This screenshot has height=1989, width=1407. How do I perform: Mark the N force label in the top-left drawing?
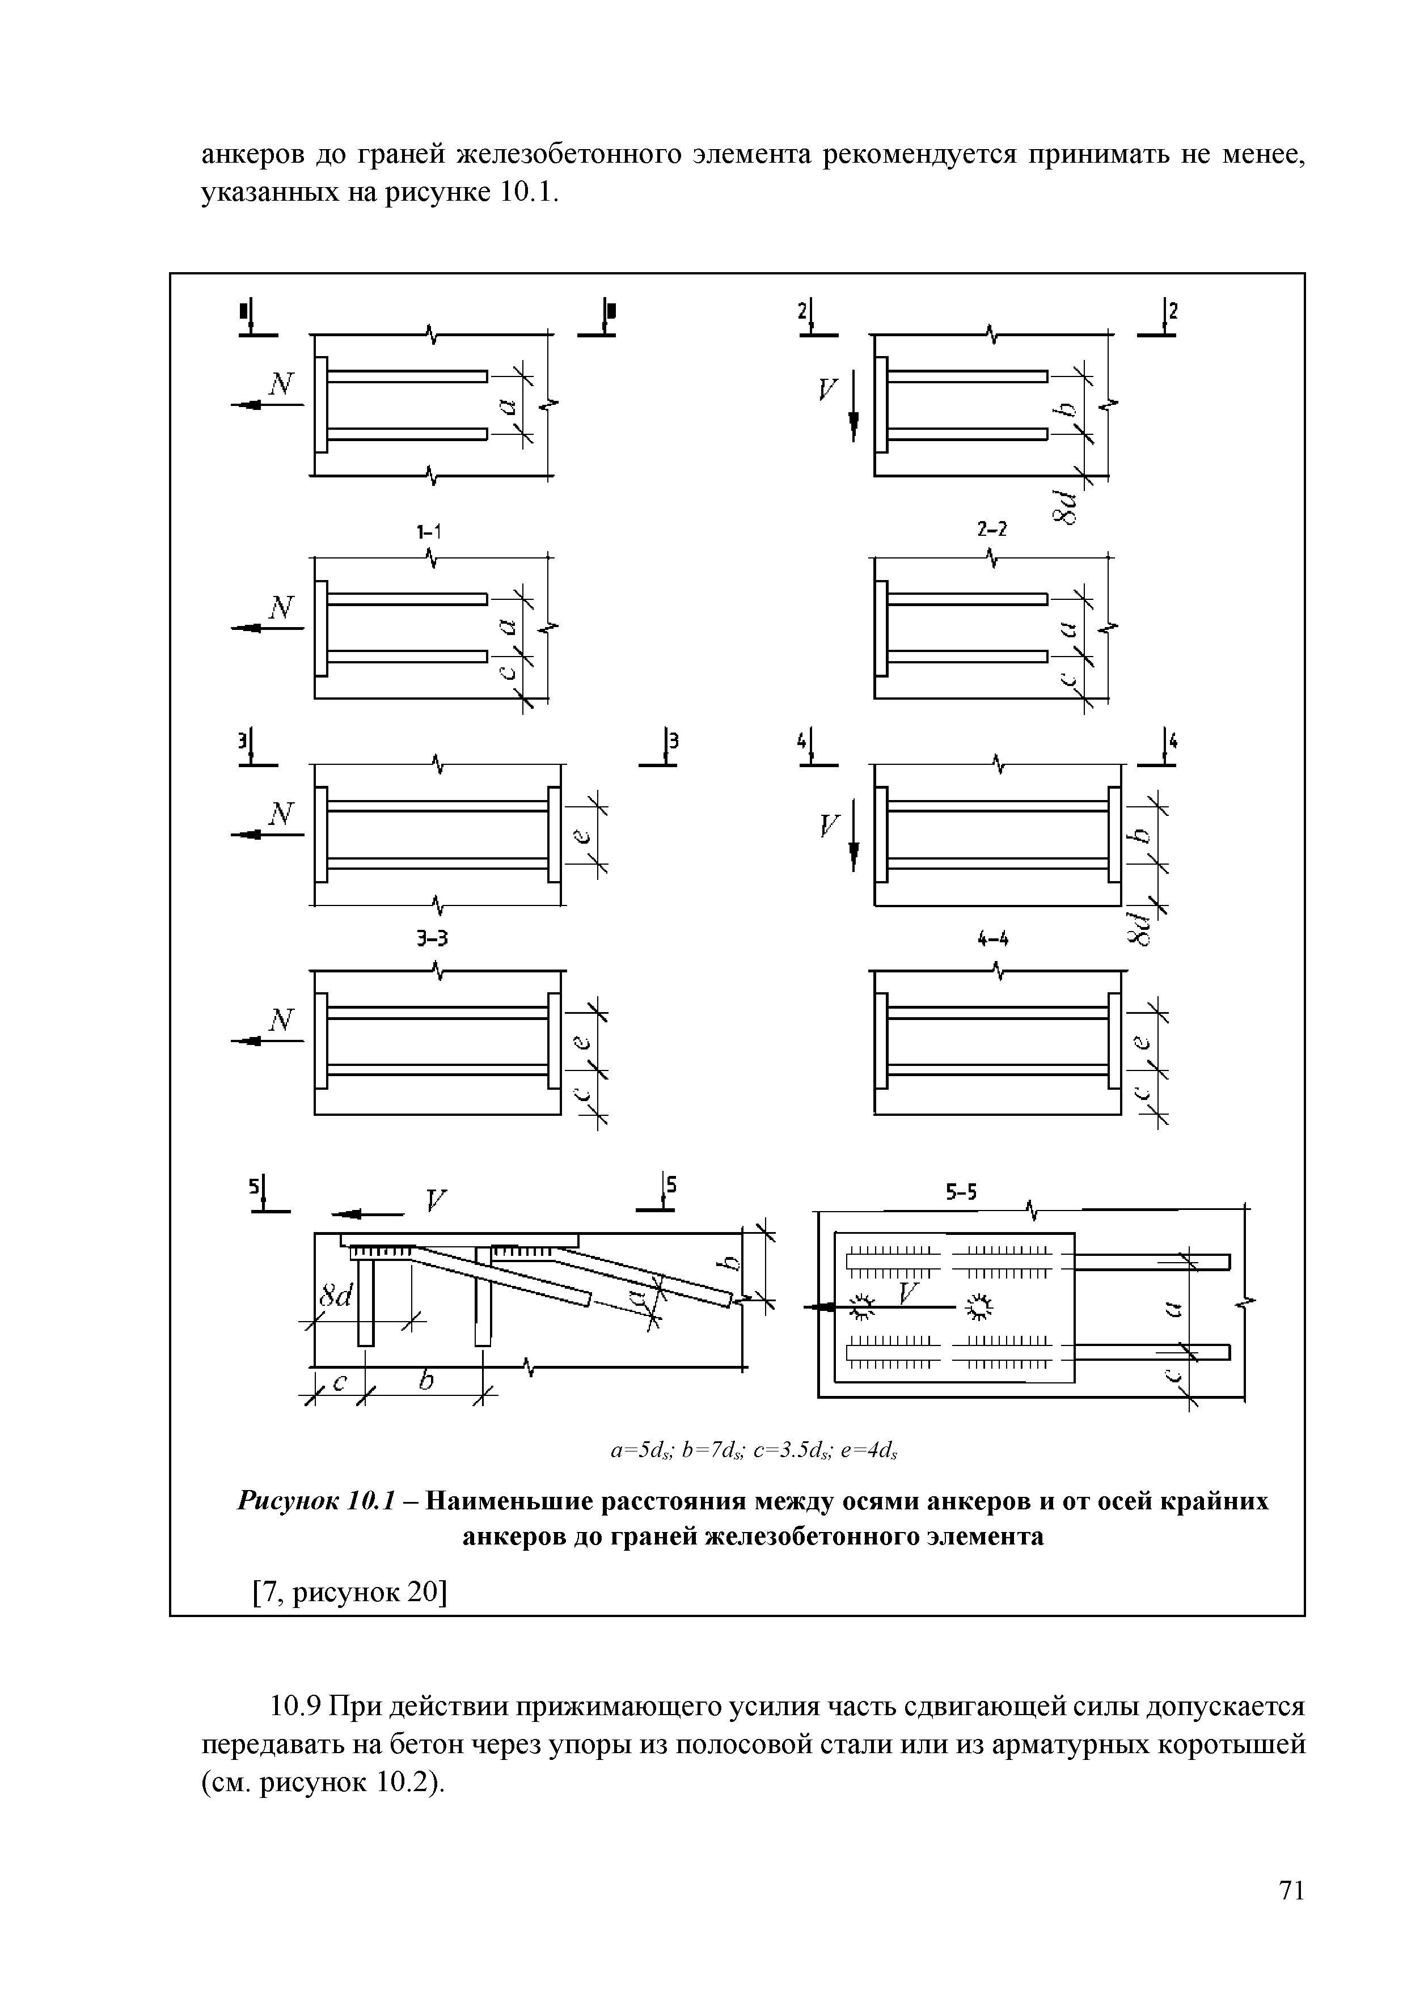pyautogui.click(x=281, y=384)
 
